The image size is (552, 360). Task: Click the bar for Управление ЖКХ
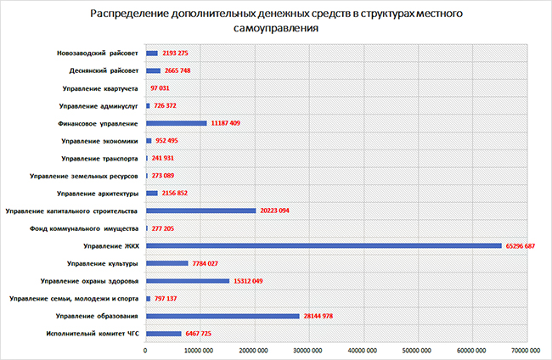click(x=324, y=246)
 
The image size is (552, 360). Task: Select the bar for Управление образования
click(x=222, y=316)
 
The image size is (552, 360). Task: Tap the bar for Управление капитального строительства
click(x=200, y=211)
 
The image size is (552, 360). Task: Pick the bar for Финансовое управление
click(x=177, y=123)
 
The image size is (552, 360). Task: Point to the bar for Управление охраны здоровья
click(x=188, y=281)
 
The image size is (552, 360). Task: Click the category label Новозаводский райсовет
click(x=93, y=53)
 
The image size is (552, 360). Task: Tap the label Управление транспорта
click(x=100, y=159)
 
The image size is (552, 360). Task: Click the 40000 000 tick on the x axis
click(x=363, y=349)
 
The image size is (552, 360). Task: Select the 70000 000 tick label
click(x=526, y=349)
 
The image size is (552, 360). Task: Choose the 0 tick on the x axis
click(x=146, y=349)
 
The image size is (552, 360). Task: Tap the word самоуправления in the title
click(x=276, y=30)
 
